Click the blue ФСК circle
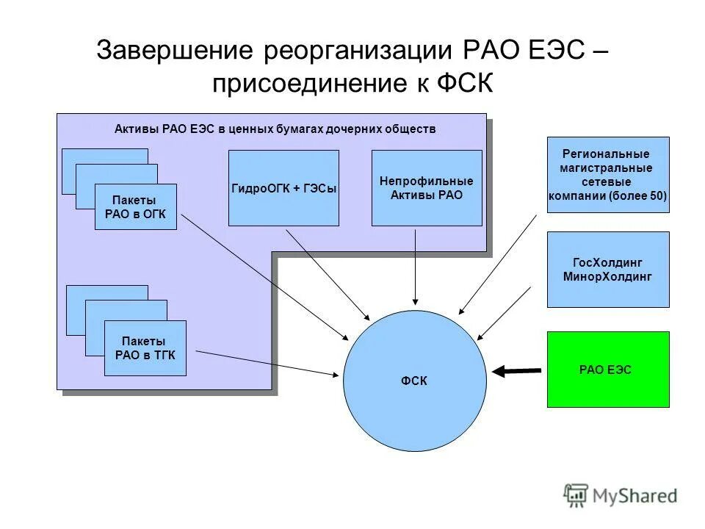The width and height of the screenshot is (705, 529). (x=414, y=380)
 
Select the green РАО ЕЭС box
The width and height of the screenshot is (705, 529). (x=608, y=370)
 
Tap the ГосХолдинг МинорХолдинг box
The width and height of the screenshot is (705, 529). (x=608, y=270)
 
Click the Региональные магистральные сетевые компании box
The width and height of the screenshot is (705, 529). (x=608, y=175)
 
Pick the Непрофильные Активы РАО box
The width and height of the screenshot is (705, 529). (x=427, y=188)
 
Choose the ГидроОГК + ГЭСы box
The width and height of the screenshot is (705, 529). (x=283, y=188)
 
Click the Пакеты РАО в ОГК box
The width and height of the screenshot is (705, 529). (x=136, y=206)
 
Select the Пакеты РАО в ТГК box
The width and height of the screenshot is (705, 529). (x=145, y=348)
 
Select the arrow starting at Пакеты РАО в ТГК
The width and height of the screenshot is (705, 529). (x=268, y=362)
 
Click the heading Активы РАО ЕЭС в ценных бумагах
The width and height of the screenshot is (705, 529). (x=275, y=129)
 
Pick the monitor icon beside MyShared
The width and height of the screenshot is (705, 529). (x=577, y=495)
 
